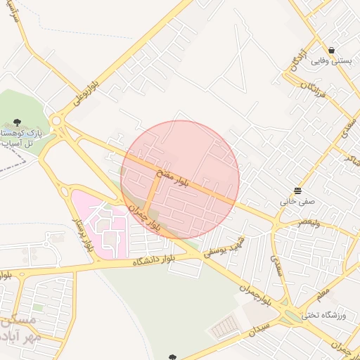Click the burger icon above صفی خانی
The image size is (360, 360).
click(x=298, y=191)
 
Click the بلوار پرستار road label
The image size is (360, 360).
click(x=84, y=235)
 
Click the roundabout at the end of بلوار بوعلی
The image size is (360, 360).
click(x=60, y=126)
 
